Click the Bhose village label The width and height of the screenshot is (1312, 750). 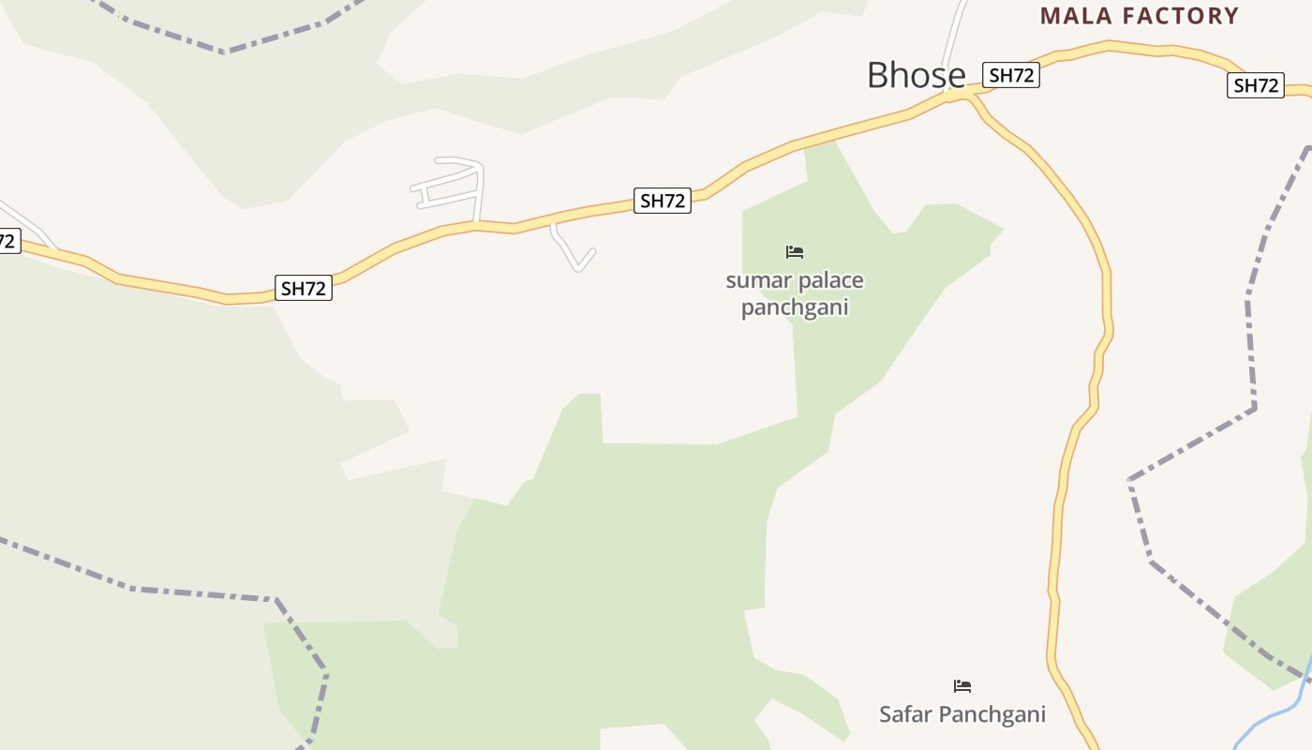coord(916,75)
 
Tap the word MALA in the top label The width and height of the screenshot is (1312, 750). coord(1077,16)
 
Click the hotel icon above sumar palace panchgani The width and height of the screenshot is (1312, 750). coord(795,252)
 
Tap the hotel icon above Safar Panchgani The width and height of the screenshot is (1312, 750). coord(962,686)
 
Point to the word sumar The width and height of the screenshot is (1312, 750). coord(754,281)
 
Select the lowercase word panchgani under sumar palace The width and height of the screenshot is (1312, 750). coord(795,307)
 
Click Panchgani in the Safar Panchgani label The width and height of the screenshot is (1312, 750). coord(992,714)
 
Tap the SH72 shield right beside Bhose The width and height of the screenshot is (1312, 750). coord(1011,75)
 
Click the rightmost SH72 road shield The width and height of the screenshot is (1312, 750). coord(1256,85)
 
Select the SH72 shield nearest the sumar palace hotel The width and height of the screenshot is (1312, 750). coord(663,201)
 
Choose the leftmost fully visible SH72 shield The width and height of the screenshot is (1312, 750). coord(304,288)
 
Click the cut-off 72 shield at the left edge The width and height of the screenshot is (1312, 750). coord(7,241)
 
